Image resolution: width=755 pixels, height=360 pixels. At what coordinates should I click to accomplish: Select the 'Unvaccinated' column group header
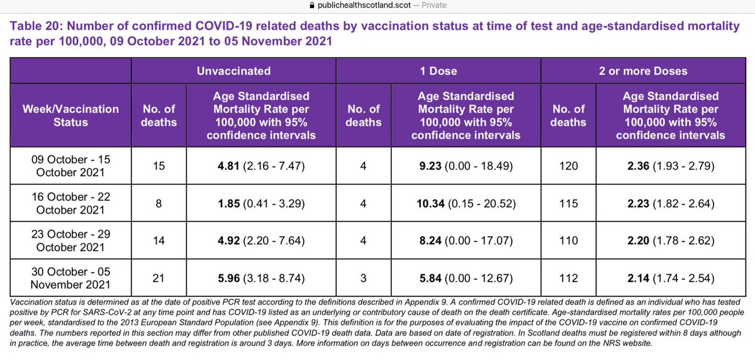233,71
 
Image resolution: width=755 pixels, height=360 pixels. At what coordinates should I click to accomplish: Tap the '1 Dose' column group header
439,71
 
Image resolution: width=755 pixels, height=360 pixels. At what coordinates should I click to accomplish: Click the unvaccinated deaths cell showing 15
159,166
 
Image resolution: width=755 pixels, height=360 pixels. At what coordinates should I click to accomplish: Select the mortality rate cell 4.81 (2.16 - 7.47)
261,166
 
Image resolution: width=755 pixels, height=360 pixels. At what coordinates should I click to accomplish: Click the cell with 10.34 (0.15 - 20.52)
466,203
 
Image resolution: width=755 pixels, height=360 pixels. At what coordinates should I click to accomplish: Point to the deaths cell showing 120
569,166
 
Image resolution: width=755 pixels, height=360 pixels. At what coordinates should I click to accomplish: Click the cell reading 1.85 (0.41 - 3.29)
261,203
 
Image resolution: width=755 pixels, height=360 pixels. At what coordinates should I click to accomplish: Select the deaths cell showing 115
569,203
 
